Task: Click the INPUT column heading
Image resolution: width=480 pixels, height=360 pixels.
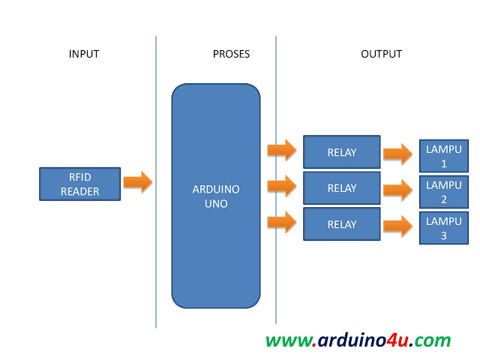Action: [84, 54]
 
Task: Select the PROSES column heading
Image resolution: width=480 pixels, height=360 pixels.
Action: [231, 54]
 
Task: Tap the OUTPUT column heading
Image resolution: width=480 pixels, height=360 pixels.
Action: [381, 54]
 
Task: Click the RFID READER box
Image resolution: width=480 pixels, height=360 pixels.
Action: [79, 184]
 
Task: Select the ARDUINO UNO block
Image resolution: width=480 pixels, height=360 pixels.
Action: [216, 195]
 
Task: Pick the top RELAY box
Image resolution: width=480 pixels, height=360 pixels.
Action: [341, 152]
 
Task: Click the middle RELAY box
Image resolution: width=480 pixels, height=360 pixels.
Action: [341, 188]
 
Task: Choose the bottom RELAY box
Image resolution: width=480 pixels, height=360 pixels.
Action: [341, 224]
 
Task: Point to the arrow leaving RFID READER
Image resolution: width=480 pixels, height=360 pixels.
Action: [138, 182]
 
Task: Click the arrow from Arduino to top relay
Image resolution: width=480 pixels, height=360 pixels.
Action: [282, 149]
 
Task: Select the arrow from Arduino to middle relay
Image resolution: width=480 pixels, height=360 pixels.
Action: [282, 185]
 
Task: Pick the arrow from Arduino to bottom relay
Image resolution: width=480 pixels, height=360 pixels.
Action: [282, 221]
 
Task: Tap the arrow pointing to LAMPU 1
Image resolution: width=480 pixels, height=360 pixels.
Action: [397, 154]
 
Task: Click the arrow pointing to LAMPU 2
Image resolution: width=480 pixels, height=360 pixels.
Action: [397, 190]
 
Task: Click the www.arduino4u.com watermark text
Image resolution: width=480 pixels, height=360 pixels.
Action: [358, 340]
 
